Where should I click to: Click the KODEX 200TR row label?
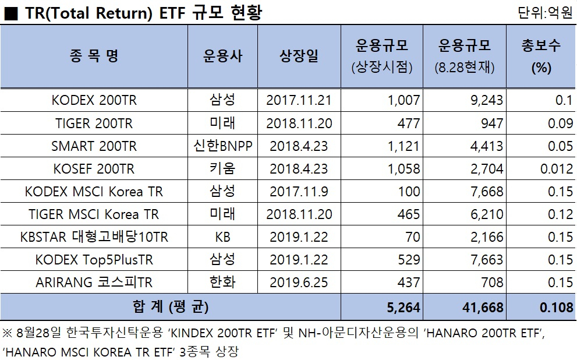click(94, 100)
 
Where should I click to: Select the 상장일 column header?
click(299, 56)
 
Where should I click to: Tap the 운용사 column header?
click(222, 56)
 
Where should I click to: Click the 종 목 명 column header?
click(94, 56)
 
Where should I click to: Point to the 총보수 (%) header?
click(541, 57)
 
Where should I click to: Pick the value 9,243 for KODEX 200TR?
click(487, 100)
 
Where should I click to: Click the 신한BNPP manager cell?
click(222, 146)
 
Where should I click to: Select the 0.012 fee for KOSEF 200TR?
click(557, 168)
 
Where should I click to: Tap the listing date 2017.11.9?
click(299, 192)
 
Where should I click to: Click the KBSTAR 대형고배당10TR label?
click(94, 237)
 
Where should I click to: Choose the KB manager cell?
click(222, 237)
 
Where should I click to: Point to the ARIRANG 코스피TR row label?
click(94, 283)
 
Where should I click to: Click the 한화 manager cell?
click(222, 283)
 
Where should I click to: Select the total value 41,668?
click(483, 308)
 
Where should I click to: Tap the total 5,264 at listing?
click(403, 308)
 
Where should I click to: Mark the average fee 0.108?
click(557, 308)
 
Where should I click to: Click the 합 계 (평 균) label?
click(171, 306)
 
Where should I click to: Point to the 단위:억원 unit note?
click(545, 13)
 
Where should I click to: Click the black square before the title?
click(10, 14)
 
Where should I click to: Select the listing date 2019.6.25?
click(299, 283)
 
